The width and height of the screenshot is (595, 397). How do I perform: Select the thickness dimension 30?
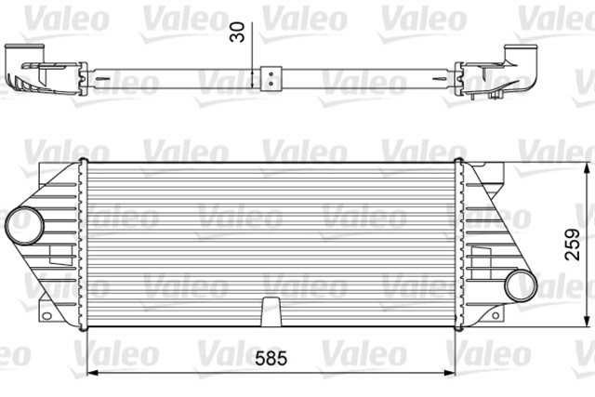click(241, 32)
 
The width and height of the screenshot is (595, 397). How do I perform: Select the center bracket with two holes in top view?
click(271, 76)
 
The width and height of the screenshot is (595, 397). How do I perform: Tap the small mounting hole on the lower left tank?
click(46, 299)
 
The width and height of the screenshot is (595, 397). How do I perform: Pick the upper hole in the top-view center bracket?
click(271, 72)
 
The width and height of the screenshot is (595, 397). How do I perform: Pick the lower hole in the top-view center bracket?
click(271, 82)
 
